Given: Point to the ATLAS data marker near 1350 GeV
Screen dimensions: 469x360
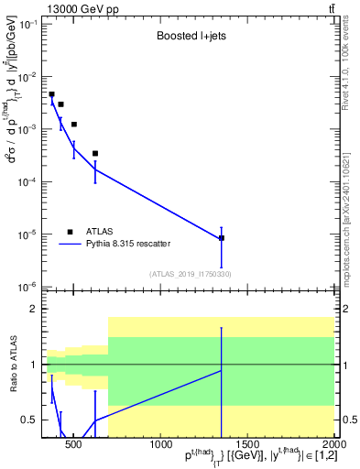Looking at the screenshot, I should pyautogui.click(x=222, y=238).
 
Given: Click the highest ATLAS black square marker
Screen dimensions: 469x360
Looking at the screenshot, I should pyautogui.click(x=52, y=94).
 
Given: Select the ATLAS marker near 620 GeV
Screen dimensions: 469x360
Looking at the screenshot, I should pyautogui.click(x=95, y=154).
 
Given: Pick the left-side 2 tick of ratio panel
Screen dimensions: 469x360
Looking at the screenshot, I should pyautogui.click(x=32, y=310).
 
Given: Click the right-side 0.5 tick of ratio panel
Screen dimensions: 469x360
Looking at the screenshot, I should pyautogui.click(x=349, y=420).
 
